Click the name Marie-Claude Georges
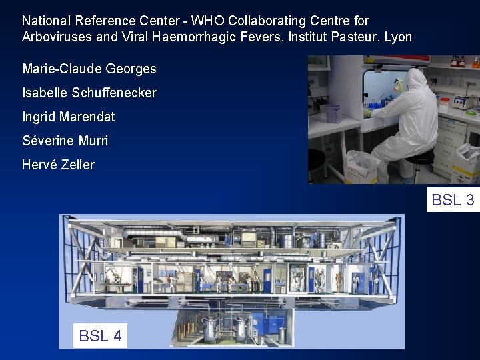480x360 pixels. click(89, 69)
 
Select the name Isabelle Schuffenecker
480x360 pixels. click(89, 93)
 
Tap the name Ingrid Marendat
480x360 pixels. click(69, 117)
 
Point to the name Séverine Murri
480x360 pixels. click(65, 141)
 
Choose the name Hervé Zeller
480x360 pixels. click(59, 165)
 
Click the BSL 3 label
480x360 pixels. click(453, 200)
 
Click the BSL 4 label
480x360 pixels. click(100, 336)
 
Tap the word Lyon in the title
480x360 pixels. click(398, 37)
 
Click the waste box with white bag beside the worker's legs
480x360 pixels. click(363, 167)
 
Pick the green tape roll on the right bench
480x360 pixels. click(444, 103)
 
